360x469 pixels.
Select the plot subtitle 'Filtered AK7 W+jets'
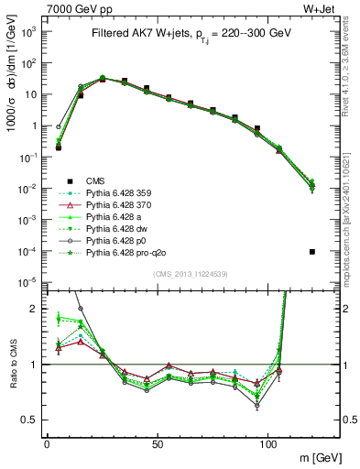point(145,33)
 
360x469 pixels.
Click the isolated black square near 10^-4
point(312,251)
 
